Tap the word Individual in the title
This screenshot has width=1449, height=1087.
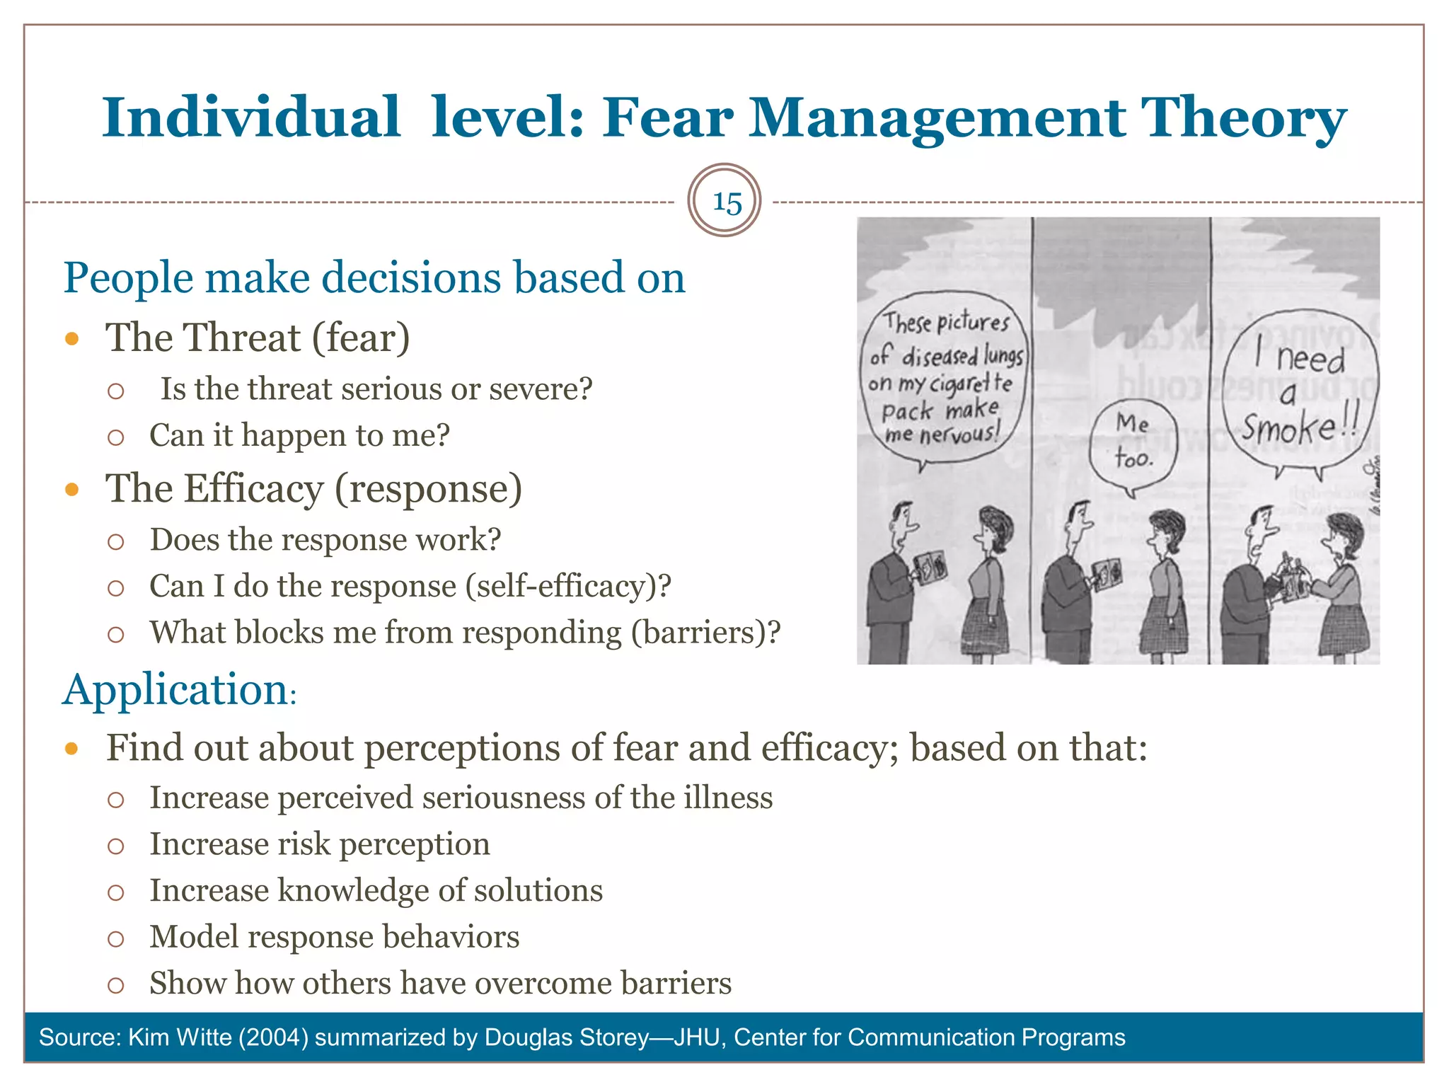click(x=251, y=117)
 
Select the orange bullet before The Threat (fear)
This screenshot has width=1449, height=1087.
click(x=71, y=338)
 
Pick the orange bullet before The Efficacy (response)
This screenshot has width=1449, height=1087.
click(x=71, y=489)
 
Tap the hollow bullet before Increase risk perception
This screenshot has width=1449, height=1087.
click(x=116, y=846)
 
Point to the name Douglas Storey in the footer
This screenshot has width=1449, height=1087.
click(x=567, y=1037)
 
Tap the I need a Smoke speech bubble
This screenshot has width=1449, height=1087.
click(x=1300, y=393)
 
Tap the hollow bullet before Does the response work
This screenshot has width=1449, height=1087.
click(x=116, y=542)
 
